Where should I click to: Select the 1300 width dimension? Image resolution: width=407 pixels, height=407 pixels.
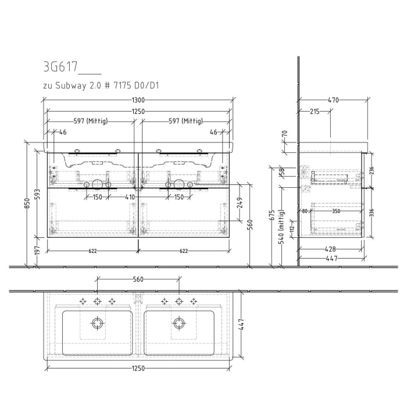coord(138,101)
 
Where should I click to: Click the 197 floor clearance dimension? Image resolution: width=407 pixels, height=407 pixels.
coord(37,250)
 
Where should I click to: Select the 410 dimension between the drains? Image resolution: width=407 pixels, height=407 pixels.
coord(137,197)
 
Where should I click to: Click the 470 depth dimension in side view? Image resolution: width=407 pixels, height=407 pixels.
coord(333,100)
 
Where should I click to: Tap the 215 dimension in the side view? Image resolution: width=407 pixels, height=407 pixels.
coord(313,110)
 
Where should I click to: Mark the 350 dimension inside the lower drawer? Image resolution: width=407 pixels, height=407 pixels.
coord(336,212)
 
